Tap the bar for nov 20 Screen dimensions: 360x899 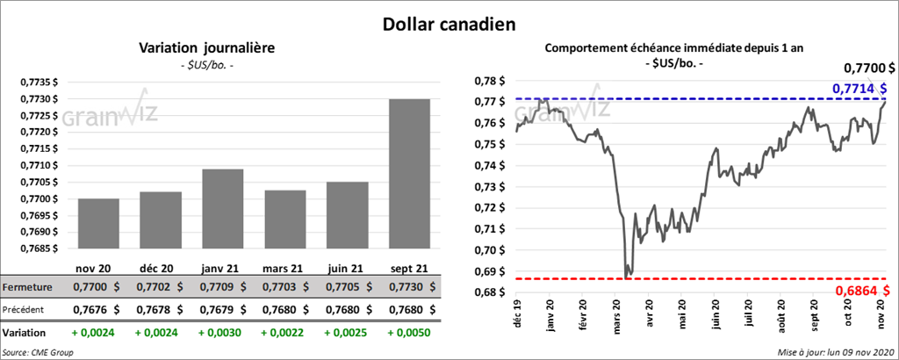98,223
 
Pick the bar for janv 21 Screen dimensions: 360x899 222,208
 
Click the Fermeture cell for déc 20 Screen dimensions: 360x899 160,287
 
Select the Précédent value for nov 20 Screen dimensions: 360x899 97,310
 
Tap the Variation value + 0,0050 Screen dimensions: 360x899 409,334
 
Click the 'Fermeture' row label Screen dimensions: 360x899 25,287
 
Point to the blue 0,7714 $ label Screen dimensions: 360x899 859,89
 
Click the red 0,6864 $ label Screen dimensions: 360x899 859,290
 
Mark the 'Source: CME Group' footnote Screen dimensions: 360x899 38,352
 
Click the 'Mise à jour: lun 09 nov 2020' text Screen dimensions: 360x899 835,352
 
